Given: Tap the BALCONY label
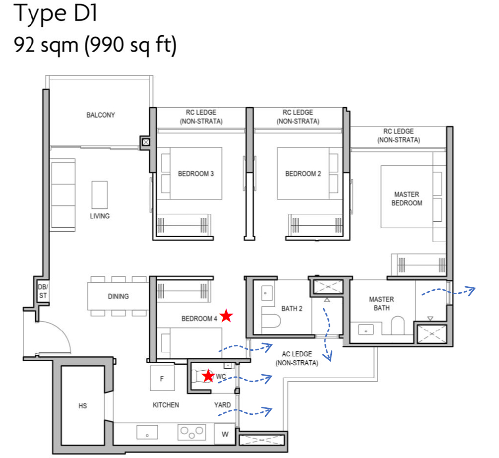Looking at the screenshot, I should point(101,115).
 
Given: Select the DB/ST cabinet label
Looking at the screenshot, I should point(42,291).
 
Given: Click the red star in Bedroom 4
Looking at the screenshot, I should point(226,316).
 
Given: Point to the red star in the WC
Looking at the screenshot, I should point(208,376).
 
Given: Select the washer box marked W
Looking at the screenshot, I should point(225,435).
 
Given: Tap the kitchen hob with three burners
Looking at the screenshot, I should point(191,432).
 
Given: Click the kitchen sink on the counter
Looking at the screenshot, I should point(147,432).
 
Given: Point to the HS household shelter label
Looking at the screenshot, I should point(83,406).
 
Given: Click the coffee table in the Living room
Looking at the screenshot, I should point(99,195).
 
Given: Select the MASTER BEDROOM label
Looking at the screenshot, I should point(406,199).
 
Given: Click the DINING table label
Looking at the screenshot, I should point(118,296).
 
